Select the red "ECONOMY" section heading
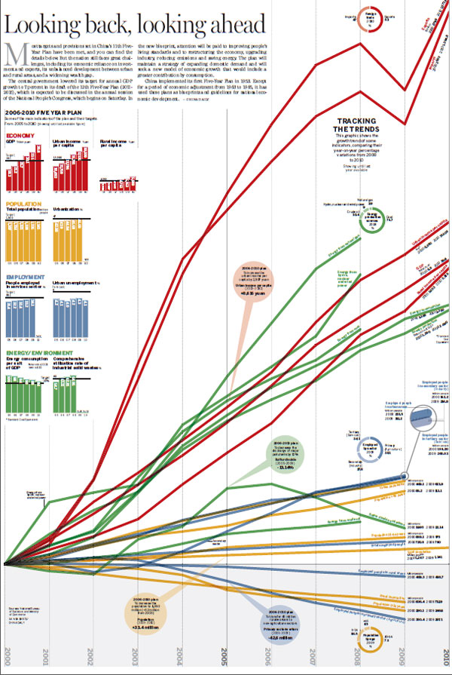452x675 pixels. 20,136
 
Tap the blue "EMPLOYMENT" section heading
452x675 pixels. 25,278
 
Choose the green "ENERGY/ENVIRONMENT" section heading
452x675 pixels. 38,351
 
